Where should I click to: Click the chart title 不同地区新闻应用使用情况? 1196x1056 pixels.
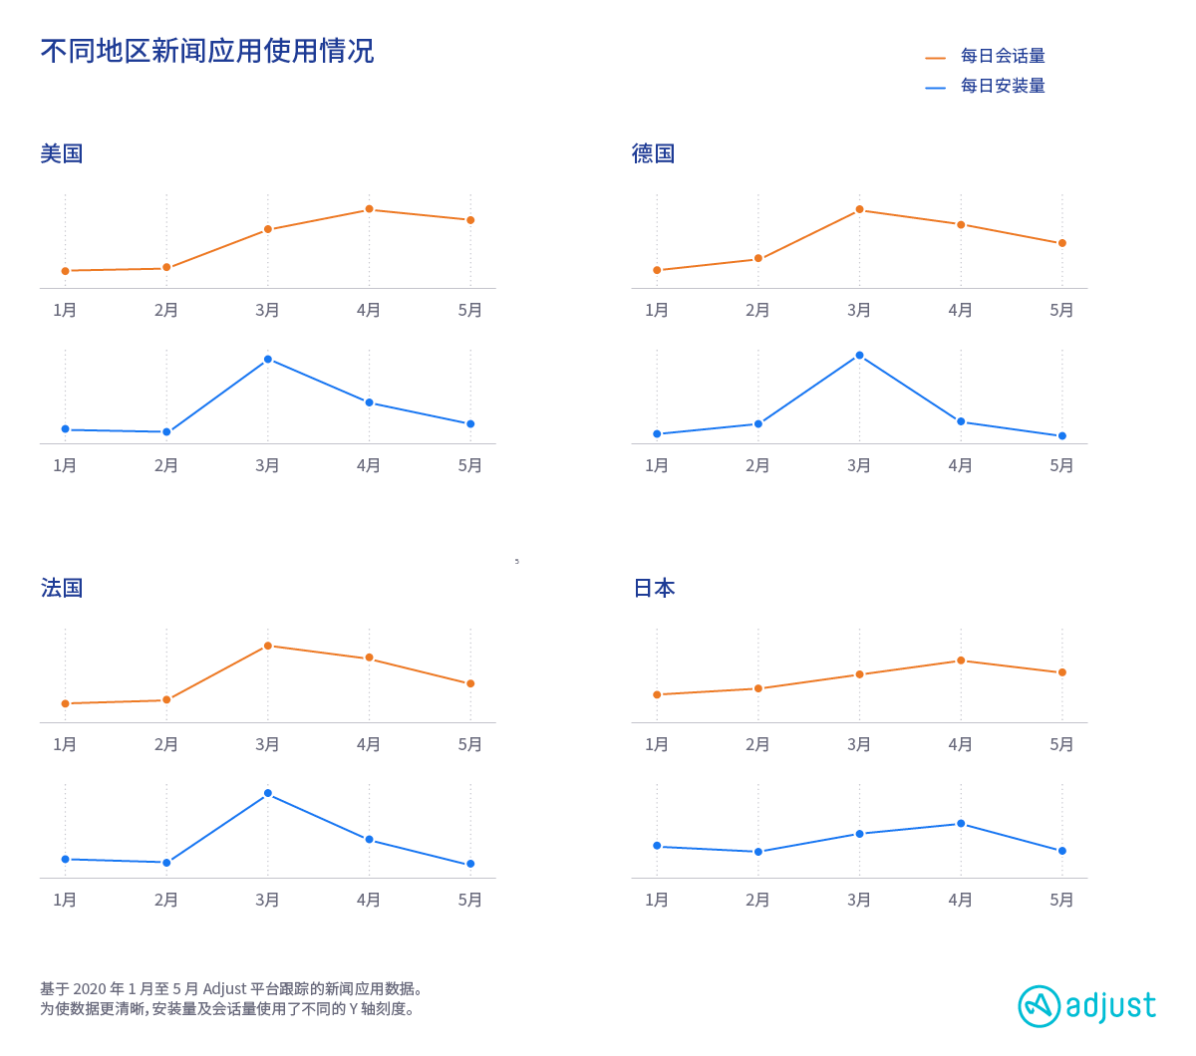click(x=207, y=51)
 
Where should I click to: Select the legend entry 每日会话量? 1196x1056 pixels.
click(x=1002, y=56)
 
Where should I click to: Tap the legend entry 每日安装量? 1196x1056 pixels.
click(x=1002, y=86)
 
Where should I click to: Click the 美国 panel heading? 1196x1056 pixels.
click(x=62, y=153)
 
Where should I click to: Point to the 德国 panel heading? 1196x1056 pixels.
click(x=654, y=153)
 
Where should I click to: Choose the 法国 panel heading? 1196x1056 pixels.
click(x=62, y=588)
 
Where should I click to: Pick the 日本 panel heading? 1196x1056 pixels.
click(x=655, y=588)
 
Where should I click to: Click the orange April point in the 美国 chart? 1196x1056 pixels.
click(x=369, y=209)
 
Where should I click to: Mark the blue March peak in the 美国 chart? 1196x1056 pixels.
click(x=268, y=359)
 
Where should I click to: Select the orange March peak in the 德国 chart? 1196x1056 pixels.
click(x=859, y=209)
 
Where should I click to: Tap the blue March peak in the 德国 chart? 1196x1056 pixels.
click(x=859, y=355)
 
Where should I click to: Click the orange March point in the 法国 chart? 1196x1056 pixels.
click(x=268, y=646)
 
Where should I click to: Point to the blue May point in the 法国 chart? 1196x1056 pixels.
click(x=470, y=864)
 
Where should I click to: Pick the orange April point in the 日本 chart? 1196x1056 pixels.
click(x=961, y=660)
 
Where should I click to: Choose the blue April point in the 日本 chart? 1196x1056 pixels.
click(x=961, y=824)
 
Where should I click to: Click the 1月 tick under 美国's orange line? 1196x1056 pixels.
click(x=65, y=310)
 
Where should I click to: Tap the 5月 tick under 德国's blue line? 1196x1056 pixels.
click(x=1061, y=465)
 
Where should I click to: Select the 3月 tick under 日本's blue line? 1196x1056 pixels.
click(x=859, y=900)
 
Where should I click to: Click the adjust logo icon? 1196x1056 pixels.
click(x=1040, y=1006)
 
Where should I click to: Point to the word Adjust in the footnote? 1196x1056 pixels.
click(x=224, y=989)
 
